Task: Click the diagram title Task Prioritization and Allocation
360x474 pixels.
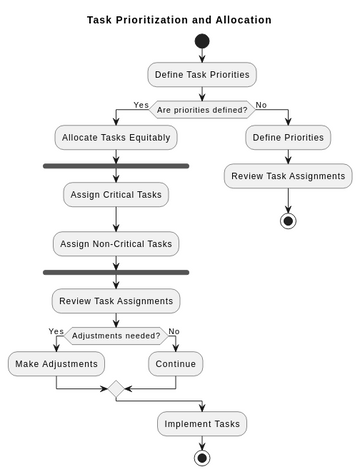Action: point(179,19)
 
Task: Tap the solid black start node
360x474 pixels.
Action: point(202,41)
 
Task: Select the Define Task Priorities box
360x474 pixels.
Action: point(202,74)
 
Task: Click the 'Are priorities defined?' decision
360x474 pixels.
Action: point(202,109)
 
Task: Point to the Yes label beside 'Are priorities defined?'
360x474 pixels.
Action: point(141,105)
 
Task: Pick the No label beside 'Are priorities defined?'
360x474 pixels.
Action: point(261,105)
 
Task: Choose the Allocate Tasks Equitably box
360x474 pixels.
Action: point(116,136)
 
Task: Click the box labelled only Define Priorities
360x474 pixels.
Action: point(288,136)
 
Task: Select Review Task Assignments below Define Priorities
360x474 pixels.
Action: point(288,176)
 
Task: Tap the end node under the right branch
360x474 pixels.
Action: point(288,220)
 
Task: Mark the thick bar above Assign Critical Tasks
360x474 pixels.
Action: point(116,166)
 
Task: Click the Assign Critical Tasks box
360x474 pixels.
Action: point(116,194)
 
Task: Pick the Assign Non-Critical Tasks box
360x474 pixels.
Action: point(116,243)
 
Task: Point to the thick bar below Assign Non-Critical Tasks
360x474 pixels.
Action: point(116,272)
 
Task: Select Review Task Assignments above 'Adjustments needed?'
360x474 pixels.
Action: point(116,300)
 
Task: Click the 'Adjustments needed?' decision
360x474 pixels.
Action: point(116,336)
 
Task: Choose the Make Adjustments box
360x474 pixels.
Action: point(56,363)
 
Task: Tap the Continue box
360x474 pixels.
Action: point(176,363)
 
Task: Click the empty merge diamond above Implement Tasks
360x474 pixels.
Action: point(116,390)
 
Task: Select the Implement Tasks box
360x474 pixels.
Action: point(202,424)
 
